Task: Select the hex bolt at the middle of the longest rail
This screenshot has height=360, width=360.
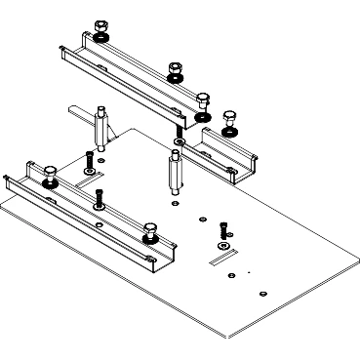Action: click(175, 69)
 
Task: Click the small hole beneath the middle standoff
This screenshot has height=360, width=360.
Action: click(174, 205)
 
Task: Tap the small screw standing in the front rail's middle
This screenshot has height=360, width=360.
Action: click(100, 195)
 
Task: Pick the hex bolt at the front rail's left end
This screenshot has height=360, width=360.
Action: click(49, 174)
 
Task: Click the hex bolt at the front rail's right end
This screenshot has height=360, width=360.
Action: click(150, 230)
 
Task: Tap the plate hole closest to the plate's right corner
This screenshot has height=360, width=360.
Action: click(264, 293)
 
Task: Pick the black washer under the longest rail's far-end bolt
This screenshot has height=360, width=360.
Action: click(101, 38)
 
